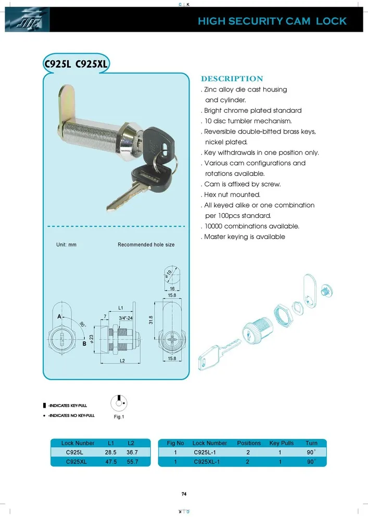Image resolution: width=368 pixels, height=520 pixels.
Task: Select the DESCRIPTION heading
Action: coord(232,79)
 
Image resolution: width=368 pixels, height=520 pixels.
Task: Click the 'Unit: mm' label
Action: coord(66,244)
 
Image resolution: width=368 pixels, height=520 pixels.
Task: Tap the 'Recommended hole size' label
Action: coord(146,244)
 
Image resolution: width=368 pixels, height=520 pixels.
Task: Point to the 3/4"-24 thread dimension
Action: coord(126,318)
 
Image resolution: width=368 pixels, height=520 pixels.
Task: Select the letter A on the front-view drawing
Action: coord(60,317)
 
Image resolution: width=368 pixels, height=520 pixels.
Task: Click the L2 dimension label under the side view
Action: coord(122,360)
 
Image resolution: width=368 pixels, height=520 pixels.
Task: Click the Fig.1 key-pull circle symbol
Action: coord(119,403)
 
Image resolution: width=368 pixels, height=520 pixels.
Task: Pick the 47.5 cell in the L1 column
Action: coord(110,462)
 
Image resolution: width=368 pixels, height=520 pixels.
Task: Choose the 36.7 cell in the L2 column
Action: coord(132,452)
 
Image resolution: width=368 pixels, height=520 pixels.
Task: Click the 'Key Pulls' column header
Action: coord(281,443)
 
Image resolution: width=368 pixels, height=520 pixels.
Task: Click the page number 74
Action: coord(184,494)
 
